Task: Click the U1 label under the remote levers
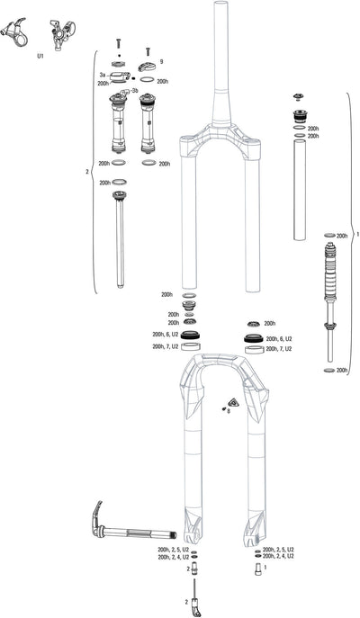[40, 56]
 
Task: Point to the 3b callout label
[134, 91]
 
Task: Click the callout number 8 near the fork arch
[228, 411]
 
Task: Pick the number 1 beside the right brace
[357, 233]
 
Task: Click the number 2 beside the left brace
[86, 171]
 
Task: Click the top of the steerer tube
[217, 7]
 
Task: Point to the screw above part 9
[147, 52]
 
